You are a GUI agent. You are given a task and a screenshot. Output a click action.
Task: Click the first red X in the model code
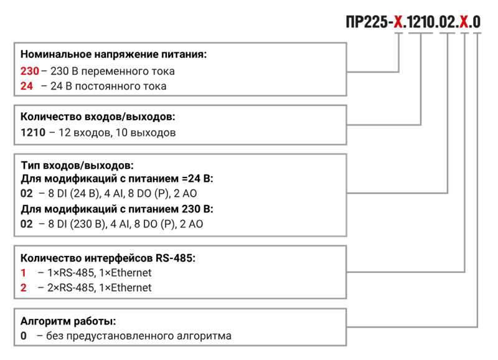pos(398,22)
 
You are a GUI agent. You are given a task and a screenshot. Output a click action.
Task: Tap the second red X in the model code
pos(464,22)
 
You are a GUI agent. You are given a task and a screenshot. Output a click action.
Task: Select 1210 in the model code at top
pos(420,22)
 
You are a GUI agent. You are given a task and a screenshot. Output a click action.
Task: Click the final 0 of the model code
pos(476,22)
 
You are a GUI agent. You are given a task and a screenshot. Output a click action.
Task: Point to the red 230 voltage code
pos(30,71)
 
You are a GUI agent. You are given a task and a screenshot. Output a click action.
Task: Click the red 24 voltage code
pos(27,86)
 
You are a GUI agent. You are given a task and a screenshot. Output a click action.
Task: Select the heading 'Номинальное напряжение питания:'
pos(113,54)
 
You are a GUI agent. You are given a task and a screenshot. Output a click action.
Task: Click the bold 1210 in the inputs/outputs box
pos(33,132)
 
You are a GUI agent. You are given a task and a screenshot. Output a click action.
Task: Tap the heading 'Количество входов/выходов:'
pos(98,116)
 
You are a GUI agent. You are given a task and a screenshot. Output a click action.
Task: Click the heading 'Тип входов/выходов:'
pos(77,165)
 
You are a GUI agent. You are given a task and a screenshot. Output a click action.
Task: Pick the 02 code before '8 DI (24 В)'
pos(27,193)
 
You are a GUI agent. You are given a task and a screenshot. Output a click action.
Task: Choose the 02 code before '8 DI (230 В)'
pos(27,224)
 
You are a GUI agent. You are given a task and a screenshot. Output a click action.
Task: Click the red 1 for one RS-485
pos(23,273)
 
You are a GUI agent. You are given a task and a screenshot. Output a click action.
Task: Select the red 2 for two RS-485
pos(24,288)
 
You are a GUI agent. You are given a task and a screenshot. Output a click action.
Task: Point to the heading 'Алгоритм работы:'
pos(68,321)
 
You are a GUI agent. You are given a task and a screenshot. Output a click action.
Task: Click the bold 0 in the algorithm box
pos(24,336)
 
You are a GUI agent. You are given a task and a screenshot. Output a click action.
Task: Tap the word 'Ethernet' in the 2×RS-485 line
pos(131,288)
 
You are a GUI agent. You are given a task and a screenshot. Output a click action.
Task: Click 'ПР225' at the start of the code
pos(366,22)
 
